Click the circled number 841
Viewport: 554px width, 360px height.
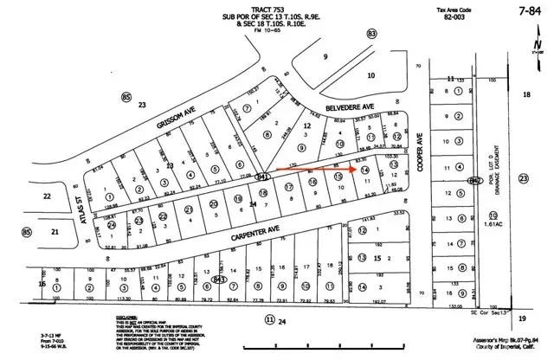[x=261, y=176]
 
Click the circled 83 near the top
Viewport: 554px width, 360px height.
[x=372, y=34]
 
